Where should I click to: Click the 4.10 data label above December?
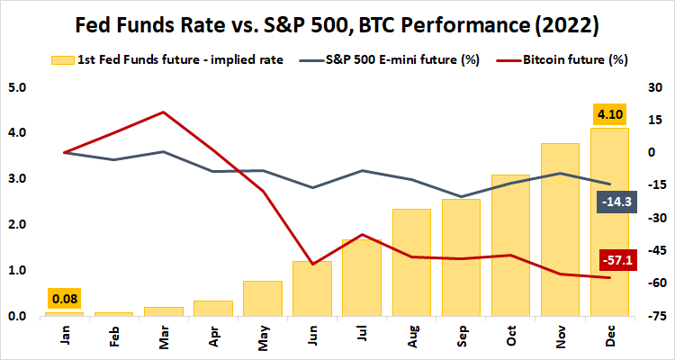tap(609, 115)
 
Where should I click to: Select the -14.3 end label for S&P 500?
tap(617, 202)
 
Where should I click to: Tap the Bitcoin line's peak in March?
tap(162, 112)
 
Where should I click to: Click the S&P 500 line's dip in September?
tap(461, 196)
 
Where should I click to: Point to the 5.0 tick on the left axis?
tap(17, 87)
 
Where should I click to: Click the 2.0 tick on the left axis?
tap(17, 225)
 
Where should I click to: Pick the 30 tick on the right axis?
tap(656, 87)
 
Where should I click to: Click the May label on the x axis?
tap(262, 337)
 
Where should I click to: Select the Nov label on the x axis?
tap(560, 337)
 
